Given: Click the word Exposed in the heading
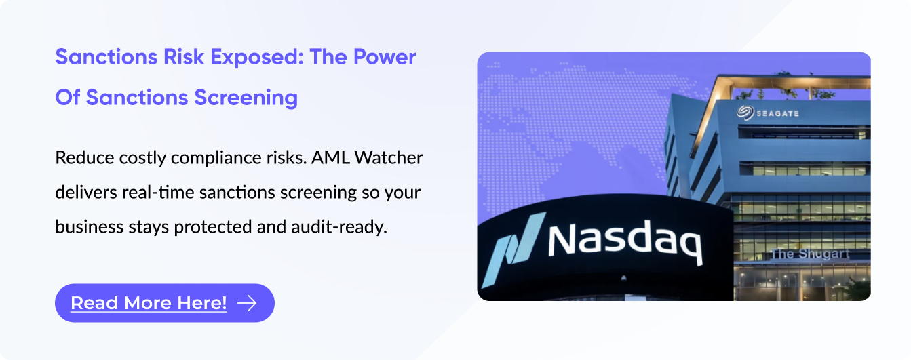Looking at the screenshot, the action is coord(256,58).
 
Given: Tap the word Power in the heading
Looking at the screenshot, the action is coord(385,56).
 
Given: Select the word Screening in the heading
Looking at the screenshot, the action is coord(246,98).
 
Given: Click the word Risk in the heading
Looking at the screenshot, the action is coord(183,56).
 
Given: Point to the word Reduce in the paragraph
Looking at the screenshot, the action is coord(85,157).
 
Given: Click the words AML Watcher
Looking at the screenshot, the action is coord(367,157).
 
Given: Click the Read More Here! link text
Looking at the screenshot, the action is coord(149,303).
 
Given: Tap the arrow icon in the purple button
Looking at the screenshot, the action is coord(247,303).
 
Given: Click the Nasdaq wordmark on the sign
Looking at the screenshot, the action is coord(625,242).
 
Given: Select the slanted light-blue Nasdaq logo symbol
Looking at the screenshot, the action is coord(513,250).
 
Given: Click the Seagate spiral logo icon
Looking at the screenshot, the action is coord(745,113).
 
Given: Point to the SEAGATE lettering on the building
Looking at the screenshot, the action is coord(777,113).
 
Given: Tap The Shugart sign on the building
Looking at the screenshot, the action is coord(809,254).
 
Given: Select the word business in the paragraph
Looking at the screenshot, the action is coord(89,226).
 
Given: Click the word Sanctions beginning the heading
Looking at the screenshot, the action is coord(106,56).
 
